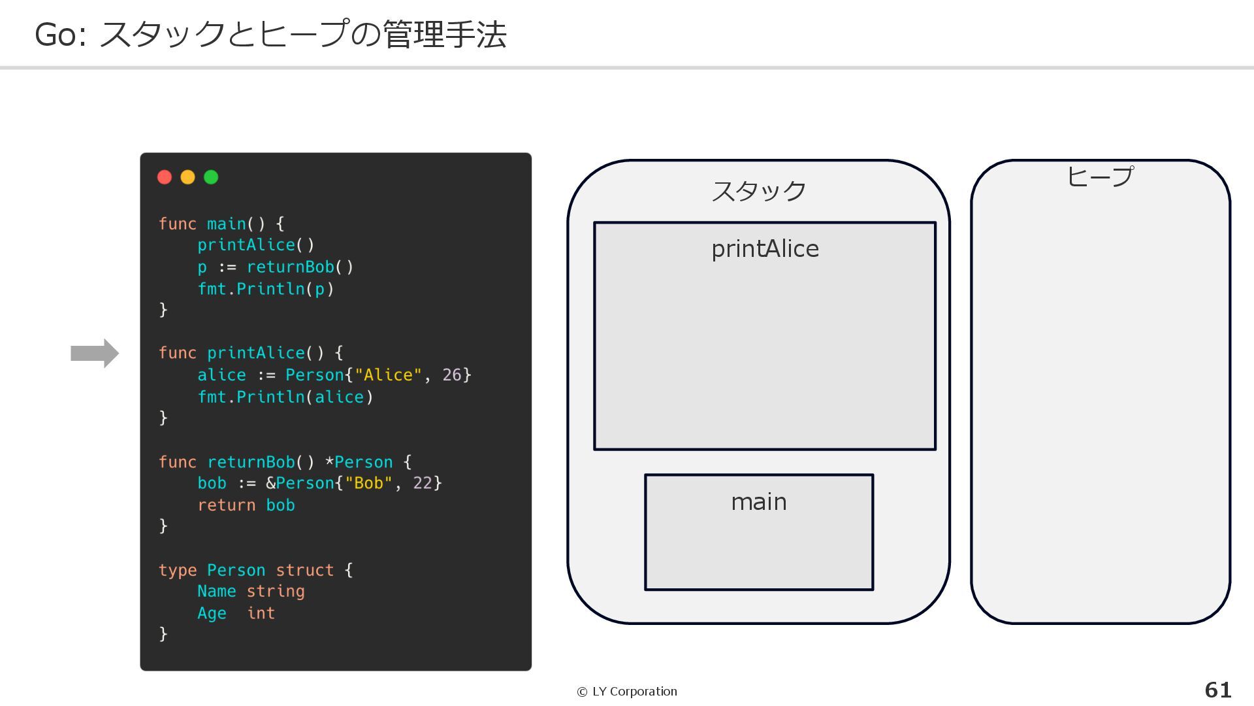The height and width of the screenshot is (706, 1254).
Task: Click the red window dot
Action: point(165,177)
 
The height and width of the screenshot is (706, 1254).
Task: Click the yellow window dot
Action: point(187,177)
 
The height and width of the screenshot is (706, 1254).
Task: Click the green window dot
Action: point(211,177)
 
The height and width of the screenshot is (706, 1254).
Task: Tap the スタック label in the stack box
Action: point(758,191)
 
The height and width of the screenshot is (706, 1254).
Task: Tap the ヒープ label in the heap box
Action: point(1100,176)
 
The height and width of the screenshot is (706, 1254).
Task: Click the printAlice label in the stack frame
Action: point(765,249)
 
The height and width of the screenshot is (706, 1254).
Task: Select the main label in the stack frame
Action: point(758,502)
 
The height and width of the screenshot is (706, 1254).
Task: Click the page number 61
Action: point(1217,690)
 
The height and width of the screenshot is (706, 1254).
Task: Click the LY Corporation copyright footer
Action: point(627,692)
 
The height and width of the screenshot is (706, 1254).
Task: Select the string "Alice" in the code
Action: point(388,375)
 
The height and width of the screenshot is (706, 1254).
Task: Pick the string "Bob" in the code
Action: point(368,483)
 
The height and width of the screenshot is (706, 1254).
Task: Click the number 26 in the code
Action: point(451,375)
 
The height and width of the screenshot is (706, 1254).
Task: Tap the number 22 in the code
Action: point(423,483)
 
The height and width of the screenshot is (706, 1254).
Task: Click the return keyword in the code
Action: point(226,505)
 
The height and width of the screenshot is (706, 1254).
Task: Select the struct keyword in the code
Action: point(304,570)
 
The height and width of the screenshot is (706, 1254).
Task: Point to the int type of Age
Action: point(261,613)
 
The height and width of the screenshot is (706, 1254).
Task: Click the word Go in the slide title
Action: point(55,35)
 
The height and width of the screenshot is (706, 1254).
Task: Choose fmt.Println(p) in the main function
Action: point(266,289)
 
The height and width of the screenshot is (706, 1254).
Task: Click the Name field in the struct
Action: point(216,592)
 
